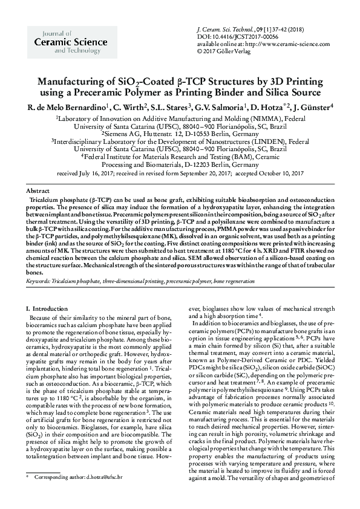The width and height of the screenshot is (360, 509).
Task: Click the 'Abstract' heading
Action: [39, 190]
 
